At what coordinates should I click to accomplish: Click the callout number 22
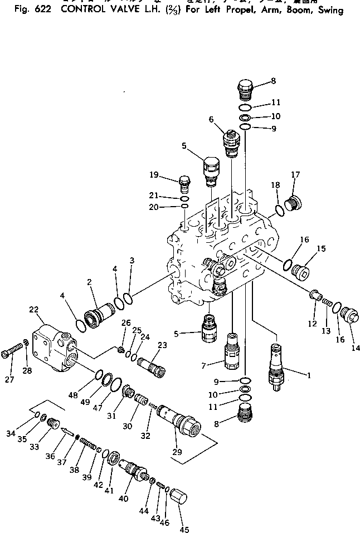tap(33, 310)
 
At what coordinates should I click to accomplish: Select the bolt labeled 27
tap(12, 353)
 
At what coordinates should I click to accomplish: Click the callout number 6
tap(211, 119)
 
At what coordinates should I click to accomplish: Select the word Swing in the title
tap(330, 10)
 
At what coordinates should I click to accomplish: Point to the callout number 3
tap(132, 260)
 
